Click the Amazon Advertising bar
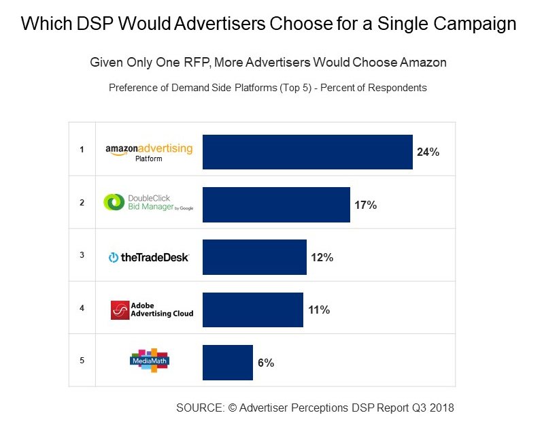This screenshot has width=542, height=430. [x=307, y=152]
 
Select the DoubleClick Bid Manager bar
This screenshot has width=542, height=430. [x=276, y=204]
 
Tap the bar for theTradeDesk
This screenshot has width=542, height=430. [x=254, y=257]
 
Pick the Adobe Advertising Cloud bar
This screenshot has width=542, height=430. [x=252, y=310]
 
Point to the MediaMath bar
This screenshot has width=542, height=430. [x=227, y=362]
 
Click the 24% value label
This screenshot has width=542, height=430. [x=428, y=152]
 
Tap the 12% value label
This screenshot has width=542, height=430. [x=322, y=258]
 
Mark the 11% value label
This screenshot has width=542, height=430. [x=318, y=310]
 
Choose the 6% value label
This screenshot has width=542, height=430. [x=266, y=363]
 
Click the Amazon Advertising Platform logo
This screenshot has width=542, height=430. [x=149, y=152]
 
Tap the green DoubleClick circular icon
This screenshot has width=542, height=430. [x=114, y=202]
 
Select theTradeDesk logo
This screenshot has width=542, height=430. [x=148, y=257]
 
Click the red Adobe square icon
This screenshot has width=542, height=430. [x=120, y=310]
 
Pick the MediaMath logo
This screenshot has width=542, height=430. [x=149, y=361]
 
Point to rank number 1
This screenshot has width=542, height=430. [x=82, y=150]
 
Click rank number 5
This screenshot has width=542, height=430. [x=82, y=360]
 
